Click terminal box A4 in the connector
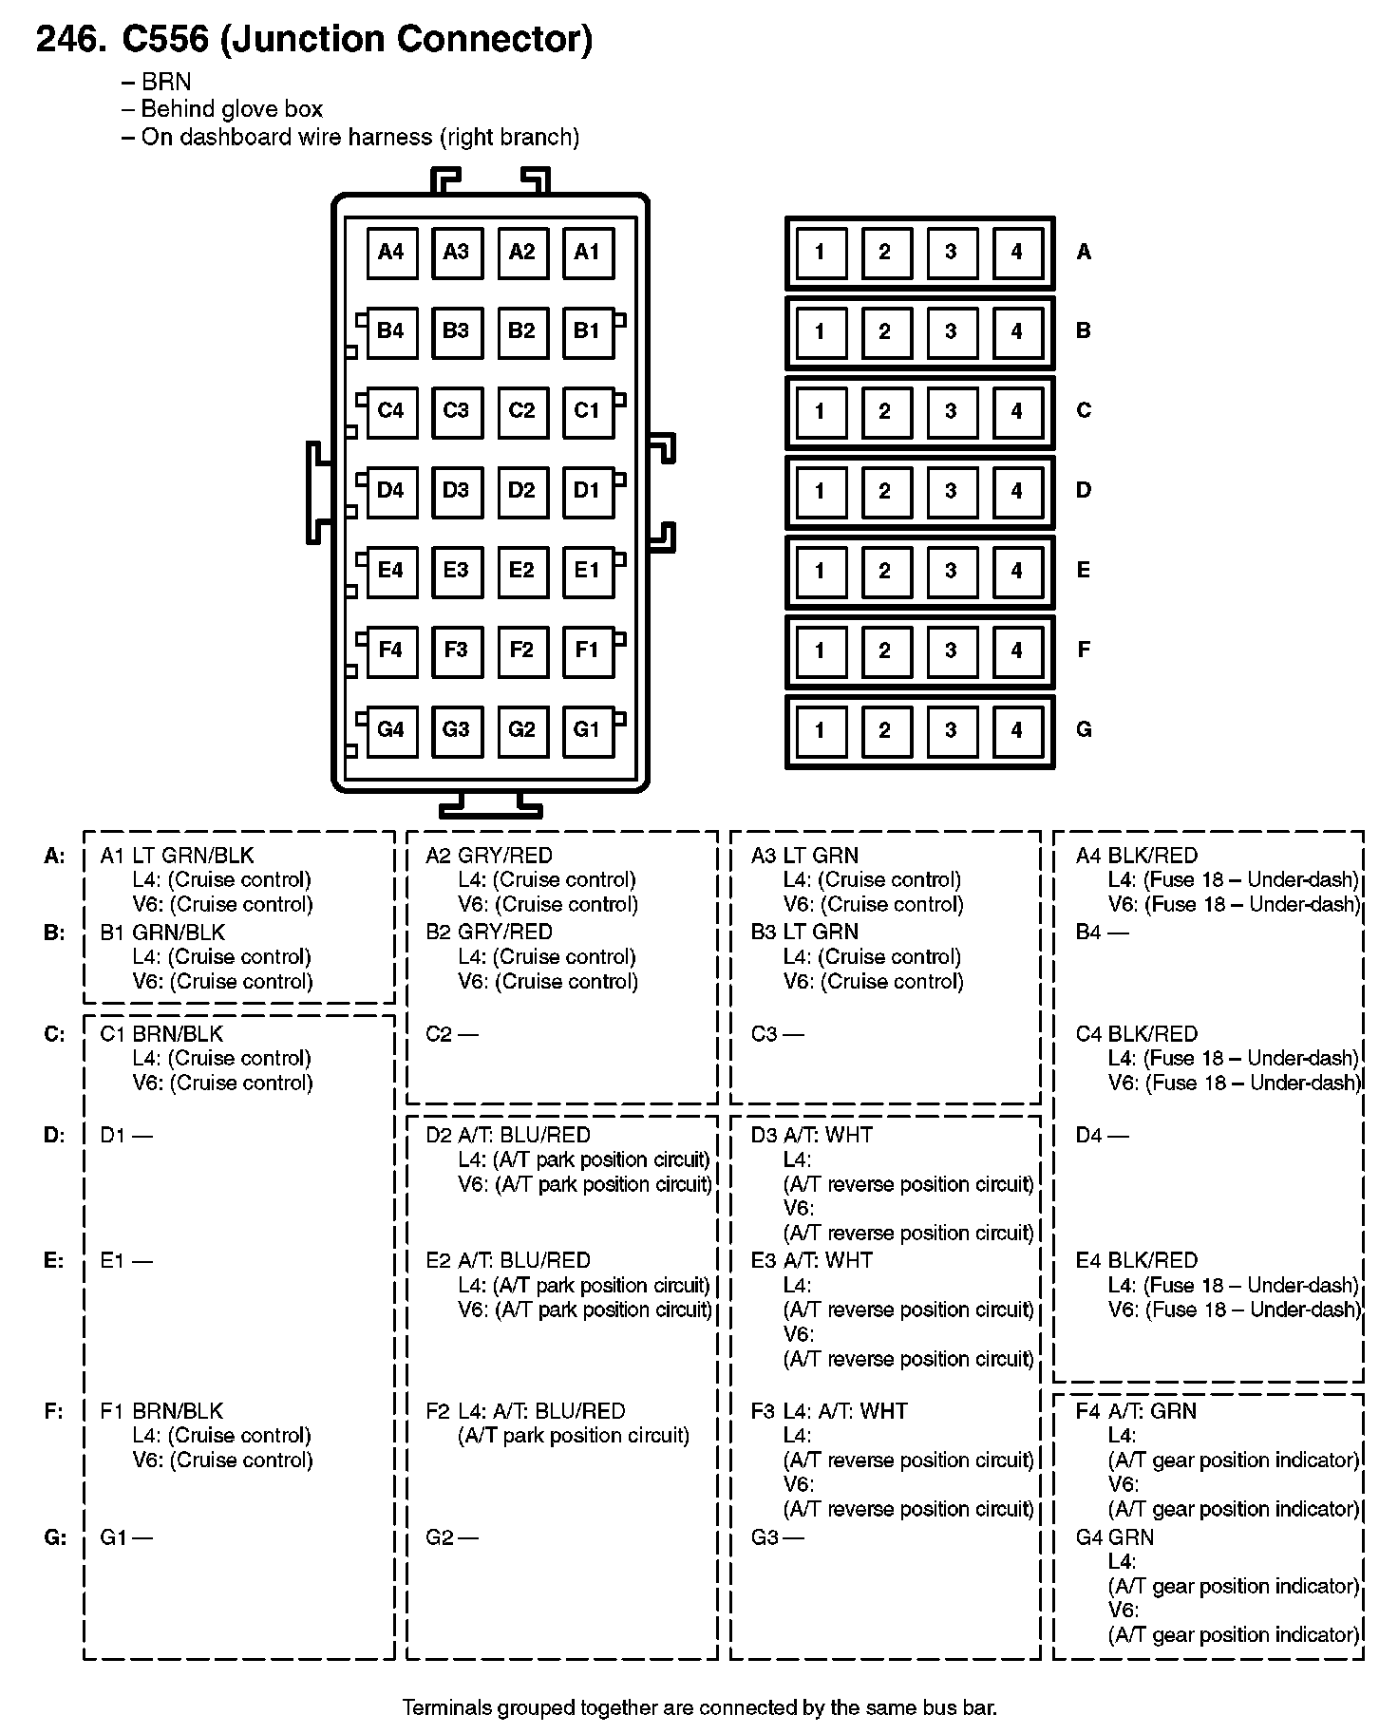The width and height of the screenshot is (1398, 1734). [x=391, y=252]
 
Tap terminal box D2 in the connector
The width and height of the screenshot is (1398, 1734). [x=521, y=490]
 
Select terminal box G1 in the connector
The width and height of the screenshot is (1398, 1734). [x=587, y=729]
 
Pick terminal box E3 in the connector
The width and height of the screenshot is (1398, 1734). [x=456, y=570]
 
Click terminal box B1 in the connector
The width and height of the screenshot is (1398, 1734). [x=587, y=331]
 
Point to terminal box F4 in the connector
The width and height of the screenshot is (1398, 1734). [x=391, y=650]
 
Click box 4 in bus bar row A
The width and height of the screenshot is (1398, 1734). [x=1016, y=252]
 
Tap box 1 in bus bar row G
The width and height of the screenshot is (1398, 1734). [x=820, y=730]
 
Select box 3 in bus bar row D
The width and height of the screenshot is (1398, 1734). [x=951, y=491]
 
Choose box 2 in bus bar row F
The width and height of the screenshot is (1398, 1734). [x=885, y=650]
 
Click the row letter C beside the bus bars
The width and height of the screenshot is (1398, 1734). [x=1084, y=410]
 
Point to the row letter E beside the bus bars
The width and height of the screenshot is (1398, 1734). [x=1084, y=570]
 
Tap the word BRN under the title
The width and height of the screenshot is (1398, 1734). [x=166, y=82]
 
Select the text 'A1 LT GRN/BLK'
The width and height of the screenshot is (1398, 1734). [x=177, y=856]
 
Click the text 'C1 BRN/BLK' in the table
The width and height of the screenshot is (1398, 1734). [x=161, y=1033]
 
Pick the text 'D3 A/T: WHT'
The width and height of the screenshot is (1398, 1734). [x=811, y=1135]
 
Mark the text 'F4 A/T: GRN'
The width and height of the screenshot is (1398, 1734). [x=1136, y=1411]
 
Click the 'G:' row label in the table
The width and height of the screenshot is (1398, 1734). [x=55, y=1537]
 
